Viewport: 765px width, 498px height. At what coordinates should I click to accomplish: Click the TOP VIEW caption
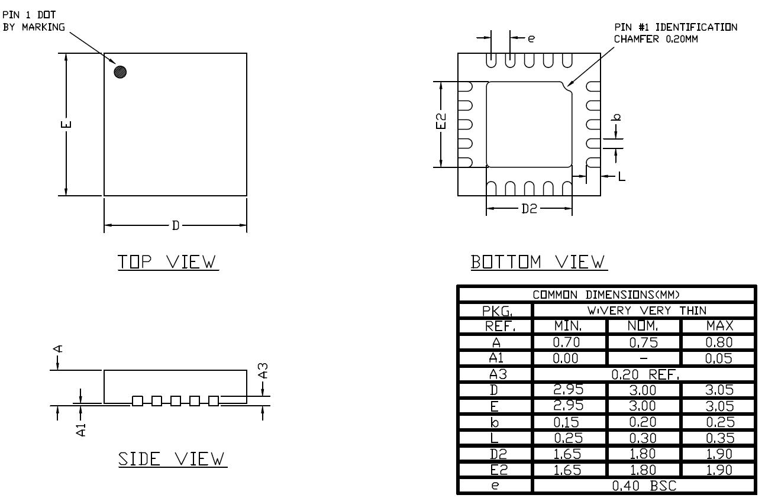[x=168, y=261]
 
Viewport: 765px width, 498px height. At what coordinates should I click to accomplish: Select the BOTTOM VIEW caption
[x=538, y=261]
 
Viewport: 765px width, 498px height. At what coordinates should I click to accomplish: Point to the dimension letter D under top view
[x=175, y=225]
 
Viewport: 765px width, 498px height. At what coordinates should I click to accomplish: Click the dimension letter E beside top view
[x=67, y=124]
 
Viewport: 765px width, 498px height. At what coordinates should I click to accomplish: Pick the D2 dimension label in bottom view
[x=529, y=209]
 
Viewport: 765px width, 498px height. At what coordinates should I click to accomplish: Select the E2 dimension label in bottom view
[x=441, y=124]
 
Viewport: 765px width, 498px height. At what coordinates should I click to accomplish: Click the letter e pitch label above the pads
[x=531, y=38]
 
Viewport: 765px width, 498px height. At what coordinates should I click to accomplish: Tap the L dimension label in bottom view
[x=621, y=176]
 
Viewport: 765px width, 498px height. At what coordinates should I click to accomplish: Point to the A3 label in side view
[x=264, y=371]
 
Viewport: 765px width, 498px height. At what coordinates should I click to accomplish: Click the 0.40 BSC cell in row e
[x=644, y=486]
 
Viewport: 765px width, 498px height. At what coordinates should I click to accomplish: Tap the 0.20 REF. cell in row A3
[x=644, y=374]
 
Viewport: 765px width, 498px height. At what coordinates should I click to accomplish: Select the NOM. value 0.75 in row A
[x=644, y=341]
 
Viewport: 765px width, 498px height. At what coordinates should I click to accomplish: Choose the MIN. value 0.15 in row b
[x=569, y=422]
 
